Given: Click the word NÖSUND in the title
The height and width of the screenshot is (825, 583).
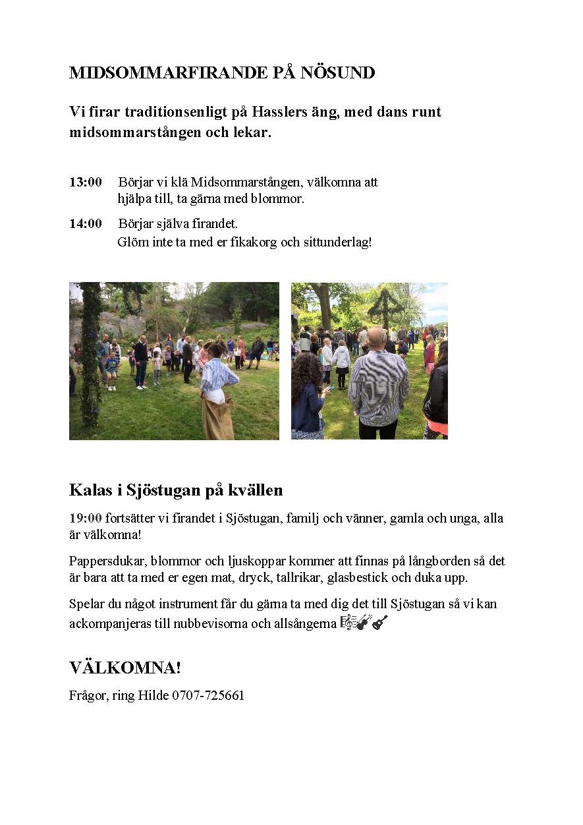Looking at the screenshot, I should coord(338,73).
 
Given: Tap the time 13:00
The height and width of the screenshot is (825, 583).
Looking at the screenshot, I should coord(86,182).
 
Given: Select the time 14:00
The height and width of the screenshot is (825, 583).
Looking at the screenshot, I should coord(86,224).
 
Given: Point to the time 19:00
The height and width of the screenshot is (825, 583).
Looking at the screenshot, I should coord(86,519).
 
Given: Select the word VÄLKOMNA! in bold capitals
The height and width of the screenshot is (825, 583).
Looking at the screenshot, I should coord(125,668).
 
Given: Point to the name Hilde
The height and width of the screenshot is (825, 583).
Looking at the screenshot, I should coord(153,696).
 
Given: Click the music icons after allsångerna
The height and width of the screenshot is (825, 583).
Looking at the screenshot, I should coord(364,623).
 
